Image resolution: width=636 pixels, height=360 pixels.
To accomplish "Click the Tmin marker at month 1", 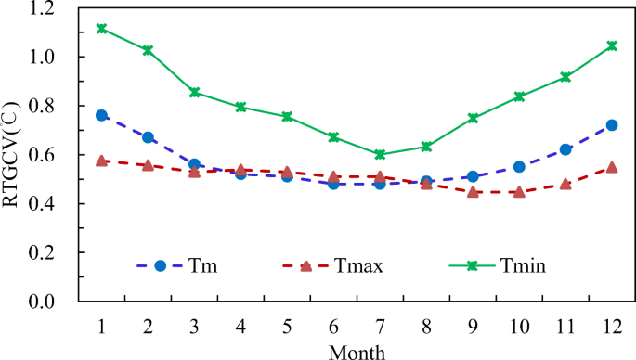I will [x=102, y=28].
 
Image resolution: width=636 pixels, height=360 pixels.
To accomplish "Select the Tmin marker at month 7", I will [x=380, y=154].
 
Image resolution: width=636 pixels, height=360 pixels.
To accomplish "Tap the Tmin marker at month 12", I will [x=611, y=45].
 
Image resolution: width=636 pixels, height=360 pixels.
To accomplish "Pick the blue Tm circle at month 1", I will [x=102, y=115].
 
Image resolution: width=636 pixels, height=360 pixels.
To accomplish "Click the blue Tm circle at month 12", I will [x=611, y=124].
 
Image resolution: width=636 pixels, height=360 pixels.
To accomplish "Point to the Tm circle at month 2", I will [x=149, y=137].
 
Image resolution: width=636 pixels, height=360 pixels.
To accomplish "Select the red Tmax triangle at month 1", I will [x=102, y=161].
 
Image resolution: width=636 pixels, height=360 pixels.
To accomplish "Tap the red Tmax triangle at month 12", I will [x=611, y=167].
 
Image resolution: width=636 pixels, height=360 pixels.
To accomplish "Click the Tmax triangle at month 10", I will [x=519, y=192].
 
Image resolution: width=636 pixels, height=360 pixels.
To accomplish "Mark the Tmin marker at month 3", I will [x=195, y=93].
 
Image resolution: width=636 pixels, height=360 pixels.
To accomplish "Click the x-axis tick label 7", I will [x=380, y=326].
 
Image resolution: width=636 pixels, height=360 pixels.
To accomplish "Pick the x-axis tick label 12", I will [x=611, y=326].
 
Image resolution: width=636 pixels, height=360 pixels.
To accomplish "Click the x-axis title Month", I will [x=356, y=350].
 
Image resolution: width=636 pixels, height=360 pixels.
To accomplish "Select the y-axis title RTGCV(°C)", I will [x=13, y=155].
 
